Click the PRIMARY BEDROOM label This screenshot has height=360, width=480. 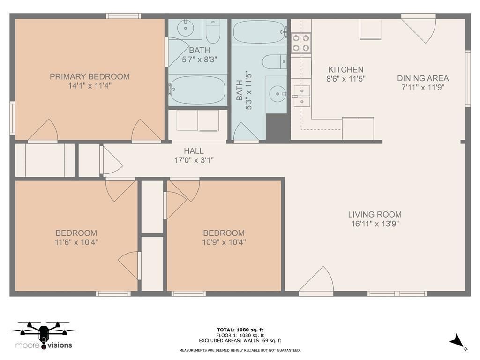tap(90, 76)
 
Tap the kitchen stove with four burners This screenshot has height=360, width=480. tap(301, 43)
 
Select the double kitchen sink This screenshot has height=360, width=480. tap(302, 96)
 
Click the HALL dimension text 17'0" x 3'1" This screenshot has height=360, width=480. tap(194, 160)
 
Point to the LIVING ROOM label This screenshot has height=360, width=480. tap(375, 214)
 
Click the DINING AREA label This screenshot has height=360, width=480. tap(423, 78)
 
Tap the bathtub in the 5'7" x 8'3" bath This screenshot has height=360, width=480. tap(198, 90)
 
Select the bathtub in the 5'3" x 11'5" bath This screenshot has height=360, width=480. tap(259, 31)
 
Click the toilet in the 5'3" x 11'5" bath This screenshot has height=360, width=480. tap(274, 62)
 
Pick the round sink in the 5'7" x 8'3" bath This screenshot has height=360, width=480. tap(186, 28)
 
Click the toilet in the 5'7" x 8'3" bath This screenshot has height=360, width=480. tap(213, 31)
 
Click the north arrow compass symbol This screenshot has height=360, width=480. tap(457, 340)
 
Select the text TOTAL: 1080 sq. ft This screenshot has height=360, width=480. tap(240, 330)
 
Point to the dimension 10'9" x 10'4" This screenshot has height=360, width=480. tap(224, 242)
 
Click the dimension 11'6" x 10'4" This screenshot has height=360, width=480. tap(76, 242)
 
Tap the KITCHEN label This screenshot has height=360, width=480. tap(346, 70)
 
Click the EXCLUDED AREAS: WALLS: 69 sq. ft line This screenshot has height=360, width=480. tap(240, 340)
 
